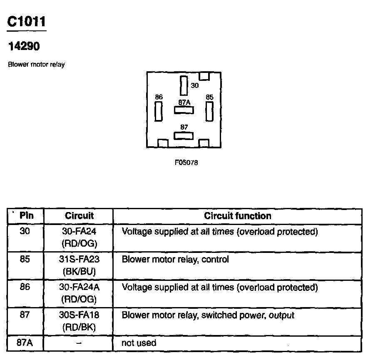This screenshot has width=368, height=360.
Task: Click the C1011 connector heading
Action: pos(26,22)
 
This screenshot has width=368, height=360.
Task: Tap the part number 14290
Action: pos(24,46)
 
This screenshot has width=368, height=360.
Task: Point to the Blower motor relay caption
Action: pos(36,65)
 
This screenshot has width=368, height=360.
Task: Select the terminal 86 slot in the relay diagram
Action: pos(159,111)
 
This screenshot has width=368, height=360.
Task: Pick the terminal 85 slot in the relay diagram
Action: pos(209,111)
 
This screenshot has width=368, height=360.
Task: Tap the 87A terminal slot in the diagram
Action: pos(184,110)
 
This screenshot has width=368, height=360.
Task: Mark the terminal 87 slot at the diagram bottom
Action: pos(184,136)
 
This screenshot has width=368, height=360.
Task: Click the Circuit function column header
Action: pos(237,216)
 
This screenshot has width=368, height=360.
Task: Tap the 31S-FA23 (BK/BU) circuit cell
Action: pos(79,265)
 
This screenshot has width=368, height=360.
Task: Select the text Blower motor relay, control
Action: pos(175,260)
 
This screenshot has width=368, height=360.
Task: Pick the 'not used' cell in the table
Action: pos(139,343)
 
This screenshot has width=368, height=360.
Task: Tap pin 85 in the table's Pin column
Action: pos(25,260)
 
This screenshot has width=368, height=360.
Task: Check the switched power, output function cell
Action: pos(207,315)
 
